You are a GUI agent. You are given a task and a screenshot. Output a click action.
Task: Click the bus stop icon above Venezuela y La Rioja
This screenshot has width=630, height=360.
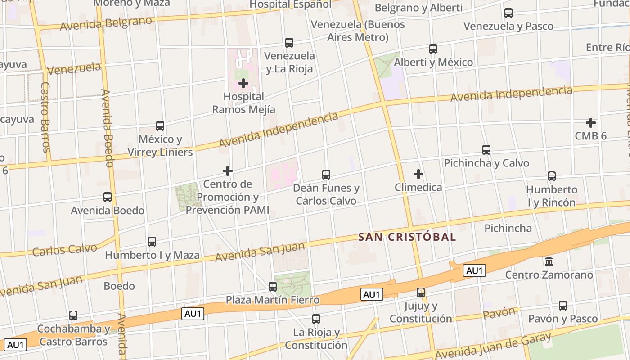pyautogui.click(x=289, y=43)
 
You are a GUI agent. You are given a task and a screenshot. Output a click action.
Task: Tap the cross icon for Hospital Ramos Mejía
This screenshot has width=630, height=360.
pyautogui.click(x=243, y=83)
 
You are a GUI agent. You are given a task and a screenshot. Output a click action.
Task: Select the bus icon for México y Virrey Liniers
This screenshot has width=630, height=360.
pyautogui.click(x=160, y=126)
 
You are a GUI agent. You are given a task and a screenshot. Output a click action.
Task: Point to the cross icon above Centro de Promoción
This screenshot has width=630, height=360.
pyautogui.click(x=228, y=171)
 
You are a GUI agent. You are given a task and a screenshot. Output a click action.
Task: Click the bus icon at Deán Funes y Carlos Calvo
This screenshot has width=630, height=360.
pyautogui.click(x=326, y=174)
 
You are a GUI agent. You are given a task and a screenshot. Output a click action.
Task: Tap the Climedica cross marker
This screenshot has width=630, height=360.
pyautogui.click(x=418, y=174)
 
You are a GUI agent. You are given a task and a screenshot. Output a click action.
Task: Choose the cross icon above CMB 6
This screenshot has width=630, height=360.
pyautogui.click(x=591, y=122)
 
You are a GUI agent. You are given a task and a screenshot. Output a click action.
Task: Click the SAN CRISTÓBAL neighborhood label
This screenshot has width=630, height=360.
pyautogui.click(x=407, y=237)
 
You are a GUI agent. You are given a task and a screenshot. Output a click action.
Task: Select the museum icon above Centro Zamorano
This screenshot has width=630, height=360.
pyautogui.click(x=549, y=261)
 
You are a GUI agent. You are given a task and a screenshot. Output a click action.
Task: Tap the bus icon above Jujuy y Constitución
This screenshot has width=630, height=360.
pyautogui.click(x=421, y=292)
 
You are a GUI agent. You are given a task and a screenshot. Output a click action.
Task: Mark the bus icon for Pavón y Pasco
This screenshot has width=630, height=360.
pyautogui.click(x=563, y=306)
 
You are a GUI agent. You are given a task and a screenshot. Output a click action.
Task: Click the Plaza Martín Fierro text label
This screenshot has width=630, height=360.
pyautogui.click(x=273, y=300)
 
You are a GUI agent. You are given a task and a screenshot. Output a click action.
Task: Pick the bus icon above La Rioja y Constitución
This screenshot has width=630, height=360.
pyautogui.click(x=316, y=319)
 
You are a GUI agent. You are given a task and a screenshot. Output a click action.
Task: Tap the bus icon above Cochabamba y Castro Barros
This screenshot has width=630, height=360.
pyautogui.click(x=73, y=315)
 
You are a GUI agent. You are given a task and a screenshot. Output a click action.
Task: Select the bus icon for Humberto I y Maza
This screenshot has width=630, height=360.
pyautogui.click(x=152, y=242)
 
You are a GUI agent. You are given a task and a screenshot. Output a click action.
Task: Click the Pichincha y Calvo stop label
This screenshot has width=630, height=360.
pyautogui.click(x=486, y=163)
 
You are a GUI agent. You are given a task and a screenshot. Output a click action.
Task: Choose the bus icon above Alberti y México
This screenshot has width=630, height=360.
pyautogui.click(x=433, y=49)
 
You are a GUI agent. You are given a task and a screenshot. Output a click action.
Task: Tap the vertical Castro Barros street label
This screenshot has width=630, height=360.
pyautogui.click(x=45, y=117)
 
